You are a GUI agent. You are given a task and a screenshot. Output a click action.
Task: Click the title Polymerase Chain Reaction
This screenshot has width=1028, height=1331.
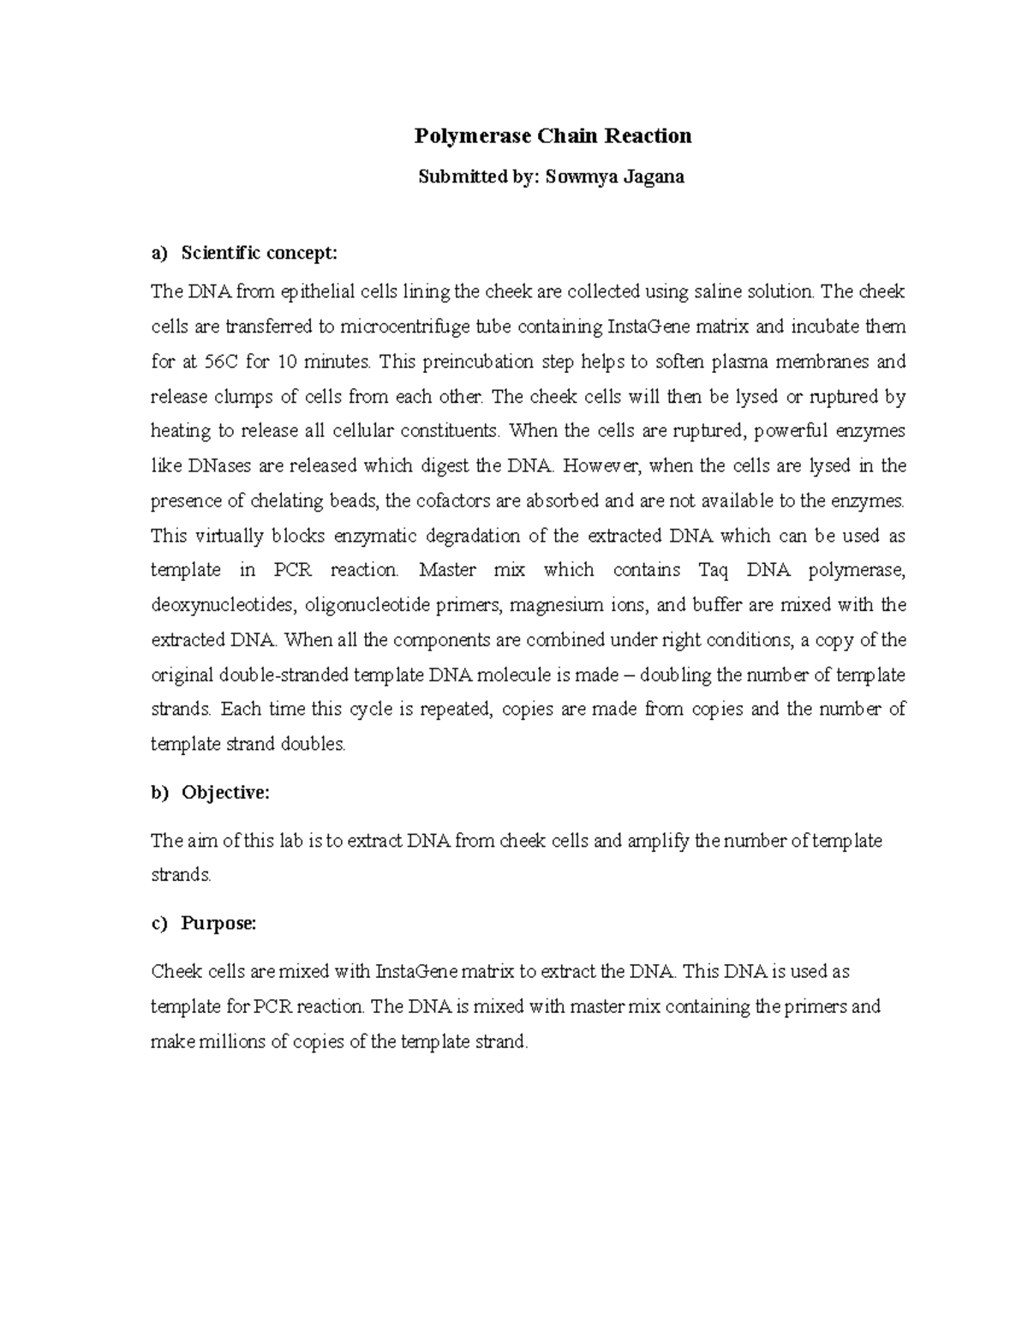(x=553, y=136)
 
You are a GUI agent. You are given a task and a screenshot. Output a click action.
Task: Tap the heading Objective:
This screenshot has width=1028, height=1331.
(x=225, y=793)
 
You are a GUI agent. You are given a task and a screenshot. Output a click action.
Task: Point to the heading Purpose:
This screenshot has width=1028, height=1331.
(x=218, y=924)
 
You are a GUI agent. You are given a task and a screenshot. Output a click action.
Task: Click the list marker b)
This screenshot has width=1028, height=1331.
(x=160, y=793)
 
